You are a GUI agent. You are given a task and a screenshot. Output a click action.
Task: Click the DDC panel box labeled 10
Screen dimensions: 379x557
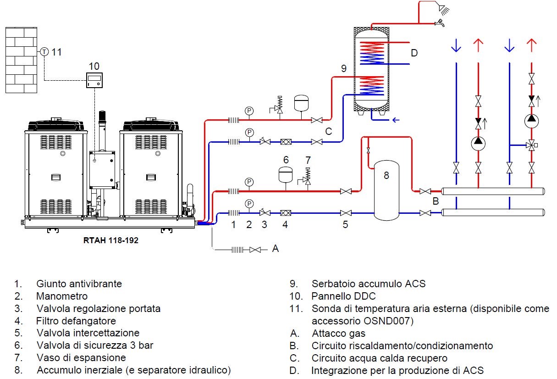tap(94, 80)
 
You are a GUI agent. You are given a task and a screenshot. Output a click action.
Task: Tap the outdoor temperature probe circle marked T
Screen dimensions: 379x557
tap(44, 52)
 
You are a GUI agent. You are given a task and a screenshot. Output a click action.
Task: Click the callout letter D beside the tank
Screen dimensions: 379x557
tap(414, 53)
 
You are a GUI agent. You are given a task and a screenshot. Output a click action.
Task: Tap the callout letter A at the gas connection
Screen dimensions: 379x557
tap(275, 248)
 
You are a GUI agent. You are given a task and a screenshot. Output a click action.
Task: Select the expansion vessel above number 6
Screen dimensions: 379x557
tap(286, 175)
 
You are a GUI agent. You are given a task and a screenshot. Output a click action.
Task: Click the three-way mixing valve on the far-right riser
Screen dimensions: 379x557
tap(531, 145)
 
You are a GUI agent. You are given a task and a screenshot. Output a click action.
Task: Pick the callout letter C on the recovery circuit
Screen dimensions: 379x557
tap(328, 132)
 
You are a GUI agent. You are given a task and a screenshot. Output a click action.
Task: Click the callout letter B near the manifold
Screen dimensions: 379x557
tap(436, 201)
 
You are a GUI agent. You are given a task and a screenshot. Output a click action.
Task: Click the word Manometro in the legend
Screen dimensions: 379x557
tap(62, 296)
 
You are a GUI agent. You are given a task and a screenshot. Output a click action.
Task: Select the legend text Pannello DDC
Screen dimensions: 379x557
tap(343, 296)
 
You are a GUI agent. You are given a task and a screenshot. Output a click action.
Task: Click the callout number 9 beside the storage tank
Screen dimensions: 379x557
tap(344, 69)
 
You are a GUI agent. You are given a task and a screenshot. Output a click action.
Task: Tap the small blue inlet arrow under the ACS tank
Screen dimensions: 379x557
tap(394, 120)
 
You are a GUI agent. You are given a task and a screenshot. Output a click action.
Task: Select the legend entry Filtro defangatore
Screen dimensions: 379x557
tap(76, 321)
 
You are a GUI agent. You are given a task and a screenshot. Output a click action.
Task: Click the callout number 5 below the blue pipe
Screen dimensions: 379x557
tap(345, 224)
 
